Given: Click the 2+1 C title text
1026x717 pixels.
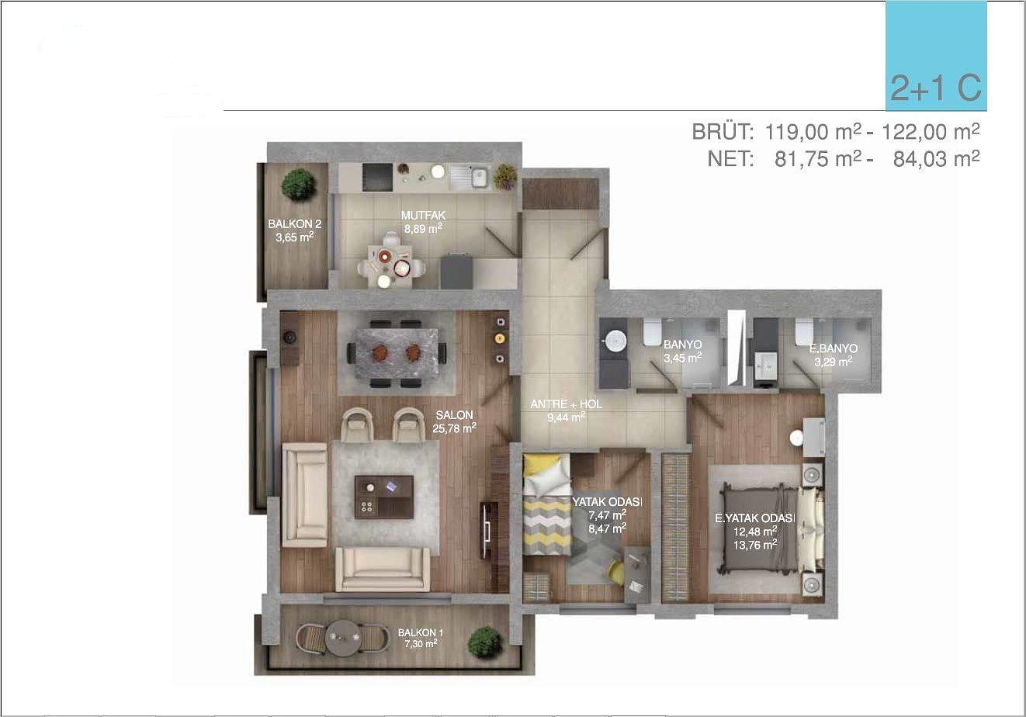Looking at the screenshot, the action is [x=936, y=88].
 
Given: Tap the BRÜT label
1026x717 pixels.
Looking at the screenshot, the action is [x=723, y=132].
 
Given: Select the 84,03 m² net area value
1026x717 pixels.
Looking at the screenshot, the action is [x=936, y=158].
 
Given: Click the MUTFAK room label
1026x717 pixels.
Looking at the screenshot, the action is [x=423, y=215].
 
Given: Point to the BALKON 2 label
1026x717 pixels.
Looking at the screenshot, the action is [x=295, y=224].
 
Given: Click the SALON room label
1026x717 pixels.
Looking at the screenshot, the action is [x=454, y=415].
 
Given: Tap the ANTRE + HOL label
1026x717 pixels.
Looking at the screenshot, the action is [x=566, y=404].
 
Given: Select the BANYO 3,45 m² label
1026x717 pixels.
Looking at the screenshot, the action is [x=682, y=352].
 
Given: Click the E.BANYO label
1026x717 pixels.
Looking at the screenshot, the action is [x=834, y=348].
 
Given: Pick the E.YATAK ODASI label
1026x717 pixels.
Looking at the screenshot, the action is [x=755, y=518].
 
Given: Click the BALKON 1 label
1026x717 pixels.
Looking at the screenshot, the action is [x=421, y=632].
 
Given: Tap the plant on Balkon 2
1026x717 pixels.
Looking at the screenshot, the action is [x=299, y=184].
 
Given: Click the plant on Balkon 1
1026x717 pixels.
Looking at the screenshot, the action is [x=484, y=642].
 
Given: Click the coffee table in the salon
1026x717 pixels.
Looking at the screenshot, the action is [x=384, y=497].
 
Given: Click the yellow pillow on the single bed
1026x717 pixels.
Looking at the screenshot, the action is [x=538, y=464].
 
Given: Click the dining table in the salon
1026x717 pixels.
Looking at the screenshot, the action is [x=397, y=353].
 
